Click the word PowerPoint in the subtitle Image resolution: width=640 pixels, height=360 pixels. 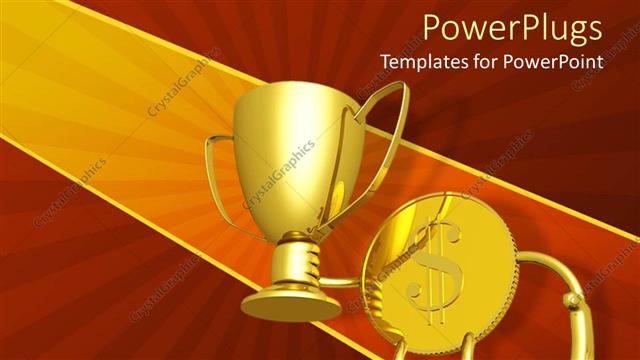coord(556,61)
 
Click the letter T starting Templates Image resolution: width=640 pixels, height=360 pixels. coord(384,61)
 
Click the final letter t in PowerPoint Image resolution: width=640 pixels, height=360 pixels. coord(601,61)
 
